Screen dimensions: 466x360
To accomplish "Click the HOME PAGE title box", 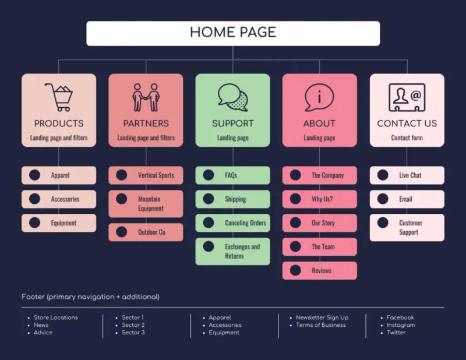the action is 233,33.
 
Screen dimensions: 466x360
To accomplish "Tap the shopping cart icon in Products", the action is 59,97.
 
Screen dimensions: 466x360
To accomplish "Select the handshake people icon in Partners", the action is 146,97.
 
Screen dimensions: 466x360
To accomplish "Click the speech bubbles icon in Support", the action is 232,97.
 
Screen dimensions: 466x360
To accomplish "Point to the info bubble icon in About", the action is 319,97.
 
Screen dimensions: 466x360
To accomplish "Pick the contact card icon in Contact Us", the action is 407,97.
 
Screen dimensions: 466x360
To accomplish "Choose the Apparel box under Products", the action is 59,175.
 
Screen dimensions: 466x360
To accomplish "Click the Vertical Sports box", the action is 146,175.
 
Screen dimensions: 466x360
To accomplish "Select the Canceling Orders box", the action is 232,223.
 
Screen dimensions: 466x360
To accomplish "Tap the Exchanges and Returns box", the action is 232,252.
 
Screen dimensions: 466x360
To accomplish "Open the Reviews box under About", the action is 319,271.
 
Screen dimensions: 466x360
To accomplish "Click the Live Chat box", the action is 407,175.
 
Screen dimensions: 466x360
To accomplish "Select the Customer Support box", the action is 407,228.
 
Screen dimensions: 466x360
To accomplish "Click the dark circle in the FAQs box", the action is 208,175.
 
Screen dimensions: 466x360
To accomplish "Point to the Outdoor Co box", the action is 146,232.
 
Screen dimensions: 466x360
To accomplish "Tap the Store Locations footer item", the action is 55,317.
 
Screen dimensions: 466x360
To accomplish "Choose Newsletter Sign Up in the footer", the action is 322,317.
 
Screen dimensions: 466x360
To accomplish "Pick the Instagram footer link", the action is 401,325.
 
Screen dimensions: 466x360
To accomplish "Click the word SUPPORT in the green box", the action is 232,123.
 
